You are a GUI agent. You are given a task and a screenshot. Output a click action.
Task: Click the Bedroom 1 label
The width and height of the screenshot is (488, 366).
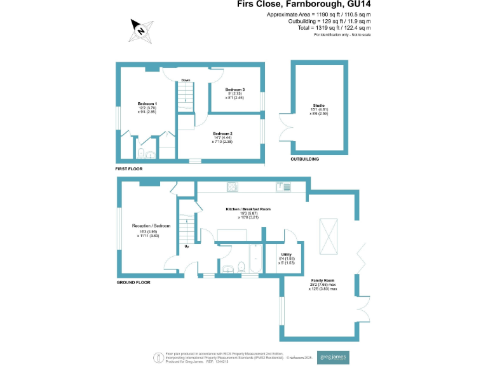pyautogui.click(x=147, y=103)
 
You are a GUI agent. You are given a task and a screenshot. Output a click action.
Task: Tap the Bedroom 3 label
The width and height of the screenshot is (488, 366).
pyautogui.click(x=234, y=89)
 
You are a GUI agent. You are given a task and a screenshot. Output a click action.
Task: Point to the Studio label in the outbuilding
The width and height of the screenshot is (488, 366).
pyautogui.click(x=318, y=105)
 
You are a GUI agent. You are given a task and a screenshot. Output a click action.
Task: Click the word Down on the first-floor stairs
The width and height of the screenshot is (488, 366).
pyautogui.click(x=186, y=80)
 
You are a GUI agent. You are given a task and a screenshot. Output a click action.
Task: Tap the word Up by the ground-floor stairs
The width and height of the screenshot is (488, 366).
pyautogui.click(x=186, y=246)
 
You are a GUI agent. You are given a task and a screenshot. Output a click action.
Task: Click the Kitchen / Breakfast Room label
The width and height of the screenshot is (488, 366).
pyautogui.click(x=248, y=209)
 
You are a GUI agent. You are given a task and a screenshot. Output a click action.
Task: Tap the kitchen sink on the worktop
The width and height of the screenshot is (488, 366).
pyautogui.click(x=283, y=186)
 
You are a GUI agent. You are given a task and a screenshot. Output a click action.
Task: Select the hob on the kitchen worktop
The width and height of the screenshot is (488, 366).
pyautogui.click(x=233, y=186)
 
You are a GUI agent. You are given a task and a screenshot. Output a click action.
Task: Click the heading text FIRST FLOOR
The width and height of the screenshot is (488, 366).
pyautogui.click(x=129, y=170)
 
